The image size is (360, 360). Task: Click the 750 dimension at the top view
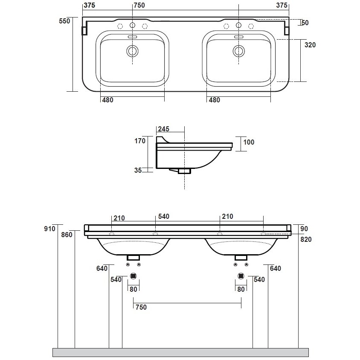(139, 5)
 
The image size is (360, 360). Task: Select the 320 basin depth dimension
(310, 45)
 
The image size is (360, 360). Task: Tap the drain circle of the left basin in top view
(132, 51)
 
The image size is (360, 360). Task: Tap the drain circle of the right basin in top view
(238, 51)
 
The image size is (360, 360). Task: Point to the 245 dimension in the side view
(164, 129)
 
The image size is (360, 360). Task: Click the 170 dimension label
(140, 141)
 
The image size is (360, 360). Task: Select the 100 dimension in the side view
(248, 142)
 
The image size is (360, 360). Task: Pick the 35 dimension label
(138, 170)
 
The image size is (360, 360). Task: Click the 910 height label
(50, 229)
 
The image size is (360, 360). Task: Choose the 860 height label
(67, 234)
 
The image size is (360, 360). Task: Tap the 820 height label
(306, 239)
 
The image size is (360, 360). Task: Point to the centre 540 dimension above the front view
(164, 217)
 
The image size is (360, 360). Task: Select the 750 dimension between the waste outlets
(140, 307)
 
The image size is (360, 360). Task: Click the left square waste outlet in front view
(134, 276)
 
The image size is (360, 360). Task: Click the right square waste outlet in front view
(241, 276)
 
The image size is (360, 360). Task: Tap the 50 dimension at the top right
(305, 23)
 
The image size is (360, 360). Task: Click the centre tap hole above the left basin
(132, 26)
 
